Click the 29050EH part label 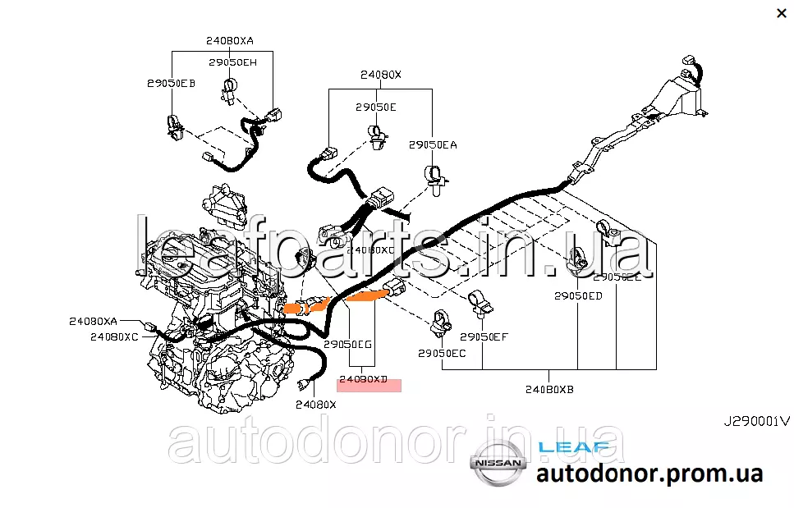pos(232,62)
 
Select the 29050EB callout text pos(171,83)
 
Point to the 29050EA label pos(433,145)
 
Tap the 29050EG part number pos(348,345)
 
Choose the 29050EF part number pos(484,336)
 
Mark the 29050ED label pos(578,295)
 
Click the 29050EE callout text pos(617,277)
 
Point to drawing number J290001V pos(755,421)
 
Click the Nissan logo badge pos(495,465)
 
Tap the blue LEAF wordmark pos(574,447)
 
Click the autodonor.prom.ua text pos(649,474)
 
